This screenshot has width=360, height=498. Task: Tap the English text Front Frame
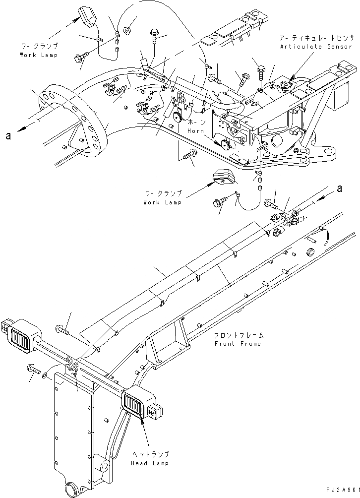(x=237, y=344)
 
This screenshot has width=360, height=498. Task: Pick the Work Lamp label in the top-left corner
(x=39, y=55)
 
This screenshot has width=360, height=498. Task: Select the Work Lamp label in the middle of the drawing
(x=162, y=202)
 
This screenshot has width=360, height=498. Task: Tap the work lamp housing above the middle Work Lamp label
(x=223, y=177)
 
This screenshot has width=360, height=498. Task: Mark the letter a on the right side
(x=339, y=188)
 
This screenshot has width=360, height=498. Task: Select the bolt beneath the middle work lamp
(x=219, y=202)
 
